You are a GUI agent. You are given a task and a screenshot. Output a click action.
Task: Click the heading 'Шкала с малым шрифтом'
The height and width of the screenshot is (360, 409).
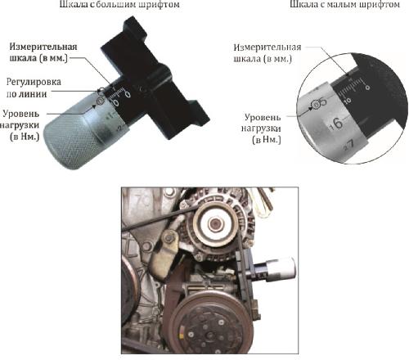tap(344, 6)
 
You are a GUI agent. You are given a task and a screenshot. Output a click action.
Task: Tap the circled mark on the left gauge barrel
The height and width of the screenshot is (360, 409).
tap(101, 101)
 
